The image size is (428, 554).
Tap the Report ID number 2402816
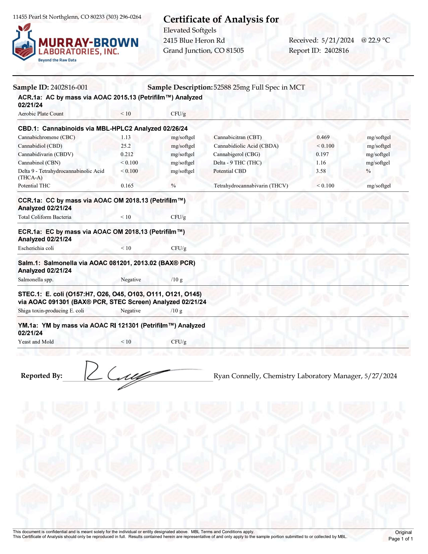(336, 51)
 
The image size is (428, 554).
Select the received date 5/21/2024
(337, 40)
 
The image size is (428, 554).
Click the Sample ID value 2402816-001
(69, 87)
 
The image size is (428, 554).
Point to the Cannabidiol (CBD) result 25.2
(126, 146)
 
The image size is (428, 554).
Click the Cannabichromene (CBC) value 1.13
(126, 137)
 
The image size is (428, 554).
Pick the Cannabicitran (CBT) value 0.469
(323, 137)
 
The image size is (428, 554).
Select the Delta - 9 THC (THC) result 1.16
(321, 163)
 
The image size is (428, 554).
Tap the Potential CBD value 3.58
(321, 171)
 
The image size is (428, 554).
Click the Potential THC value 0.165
(127, 186)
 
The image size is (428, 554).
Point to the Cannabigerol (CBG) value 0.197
(322, 154)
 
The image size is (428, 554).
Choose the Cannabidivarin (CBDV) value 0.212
(127, 154)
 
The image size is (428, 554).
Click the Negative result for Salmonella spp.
(131, 280)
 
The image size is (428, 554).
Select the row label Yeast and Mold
(36, 342)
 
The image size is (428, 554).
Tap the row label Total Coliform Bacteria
(45, 217)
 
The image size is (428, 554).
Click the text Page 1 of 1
(400, 539)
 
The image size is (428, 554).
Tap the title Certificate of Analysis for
(221, 19)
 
